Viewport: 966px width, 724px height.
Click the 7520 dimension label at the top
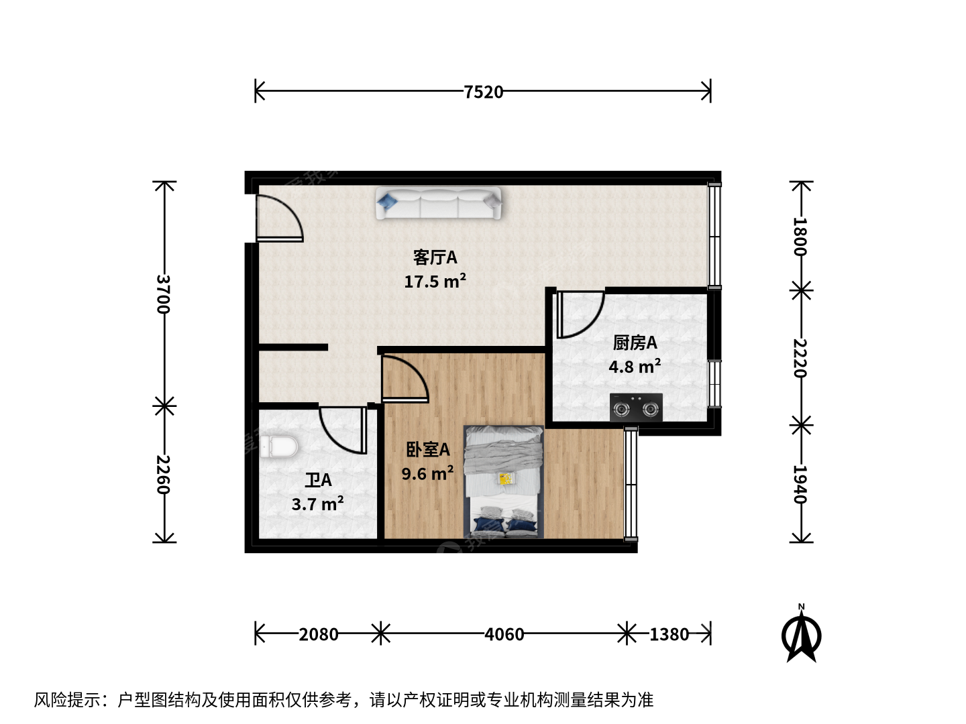[x=483, y=92]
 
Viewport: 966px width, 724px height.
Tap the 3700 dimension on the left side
[x=163, y=294]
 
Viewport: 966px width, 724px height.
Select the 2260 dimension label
[x=163, y=475]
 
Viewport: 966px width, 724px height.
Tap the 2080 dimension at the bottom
[x=319, y=634]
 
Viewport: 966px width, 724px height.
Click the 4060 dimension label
[x=504, y=634]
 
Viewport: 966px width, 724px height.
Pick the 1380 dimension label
[x=669, y=634]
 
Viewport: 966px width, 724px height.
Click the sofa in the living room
[x=438, y=203]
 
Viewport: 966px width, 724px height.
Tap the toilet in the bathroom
[x=278, y=446]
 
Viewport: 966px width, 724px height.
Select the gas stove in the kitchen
[x=636, y=408]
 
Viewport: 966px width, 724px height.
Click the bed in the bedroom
[x=504, y=482]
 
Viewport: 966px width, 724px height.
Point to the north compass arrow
[x=802, y=634]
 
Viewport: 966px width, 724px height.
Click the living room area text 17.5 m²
[x=435, y=282]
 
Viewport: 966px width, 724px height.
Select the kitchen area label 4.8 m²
[x=635, y=366]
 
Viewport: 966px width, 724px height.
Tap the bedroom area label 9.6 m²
[x=427, y=473]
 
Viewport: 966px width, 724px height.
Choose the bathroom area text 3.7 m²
[x=317, y=503]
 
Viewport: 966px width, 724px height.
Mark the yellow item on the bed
[x=506, y=479]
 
